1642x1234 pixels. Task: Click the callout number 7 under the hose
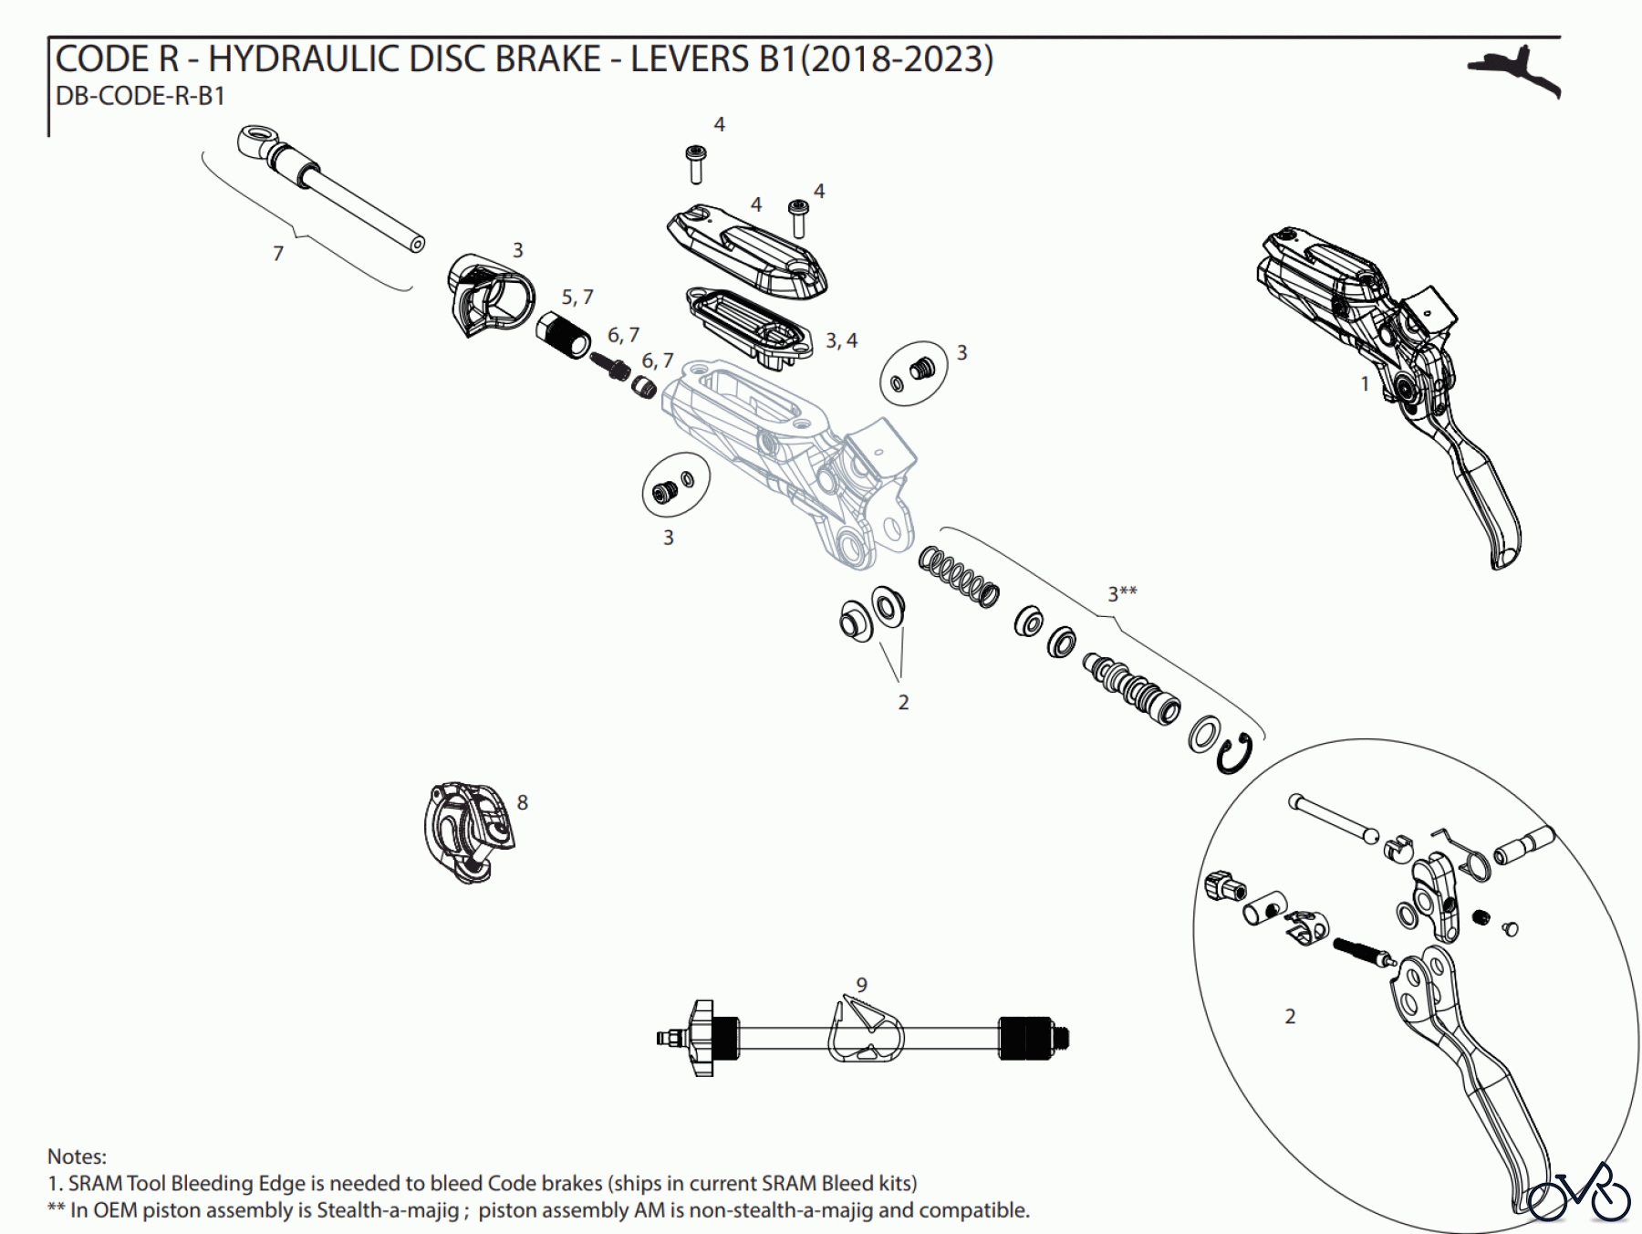click(278, 254)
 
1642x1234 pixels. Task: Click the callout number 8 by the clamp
click(522, 802)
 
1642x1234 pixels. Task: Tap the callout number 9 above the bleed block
click(861, 985)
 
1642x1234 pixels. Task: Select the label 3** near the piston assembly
click(1121, 593)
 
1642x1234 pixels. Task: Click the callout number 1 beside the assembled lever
click(1365, 384)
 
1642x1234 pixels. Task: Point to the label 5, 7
click(577, 298)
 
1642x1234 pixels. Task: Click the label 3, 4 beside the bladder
click(841, 340)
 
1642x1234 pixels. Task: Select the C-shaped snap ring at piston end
click(1234, 755)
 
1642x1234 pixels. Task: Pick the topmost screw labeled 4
click(696, 163)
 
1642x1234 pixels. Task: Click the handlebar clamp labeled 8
click(468, 831)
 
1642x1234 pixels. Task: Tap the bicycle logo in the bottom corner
click(1579, 1192)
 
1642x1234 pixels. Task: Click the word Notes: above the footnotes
click(77, 1156)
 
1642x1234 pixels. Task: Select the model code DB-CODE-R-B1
click(140, 96)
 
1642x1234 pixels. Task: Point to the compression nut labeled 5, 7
click(562, 335)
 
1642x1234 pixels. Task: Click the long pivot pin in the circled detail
click(1333, 819)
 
